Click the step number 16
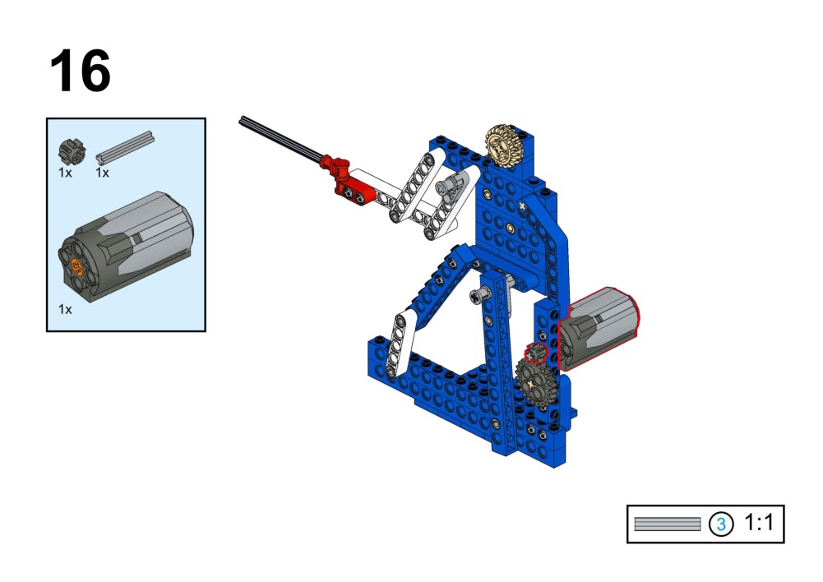(81, 71)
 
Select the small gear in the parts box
(72, 151)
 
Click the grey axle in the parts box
(125, 148)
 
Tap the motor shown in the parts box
(126, 247)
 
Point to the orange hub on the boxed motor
(77, 267)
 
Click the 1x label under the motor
(65, 310)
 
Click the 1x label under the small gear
(65, 173)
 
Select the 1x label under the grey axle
(102, 173)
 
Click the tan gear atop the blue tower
(502, 145)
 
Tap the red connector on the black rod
(346, 181)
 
